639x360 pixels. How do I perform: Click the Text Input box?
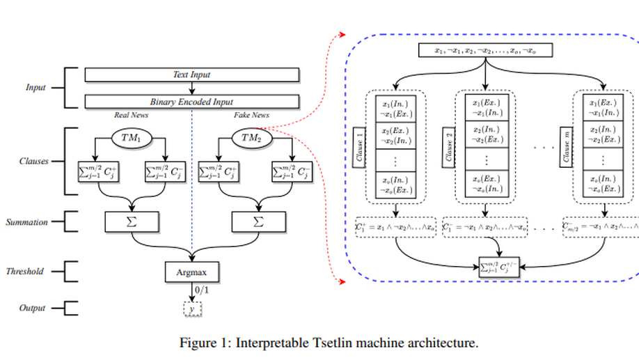191,75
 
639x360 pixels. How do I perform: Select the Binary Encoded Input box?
191,102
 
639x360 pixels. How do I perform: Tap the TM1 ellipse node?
132,138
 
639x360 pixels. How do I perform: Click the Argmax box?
191,271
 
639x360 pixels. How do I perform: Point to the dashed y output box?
191,308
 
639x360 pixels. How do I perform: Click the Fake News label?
251,116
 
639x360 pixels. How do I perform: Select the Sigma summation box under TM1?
132,222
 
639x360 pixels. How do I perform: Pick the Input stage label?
35,88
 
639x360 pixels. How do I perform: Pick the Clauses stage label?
34,161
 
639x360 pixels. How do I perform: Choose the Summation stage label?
27,222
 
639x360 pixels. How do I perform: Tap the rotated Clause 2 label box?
450,148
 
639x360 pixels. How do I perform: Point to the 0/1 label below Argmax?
202,289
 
